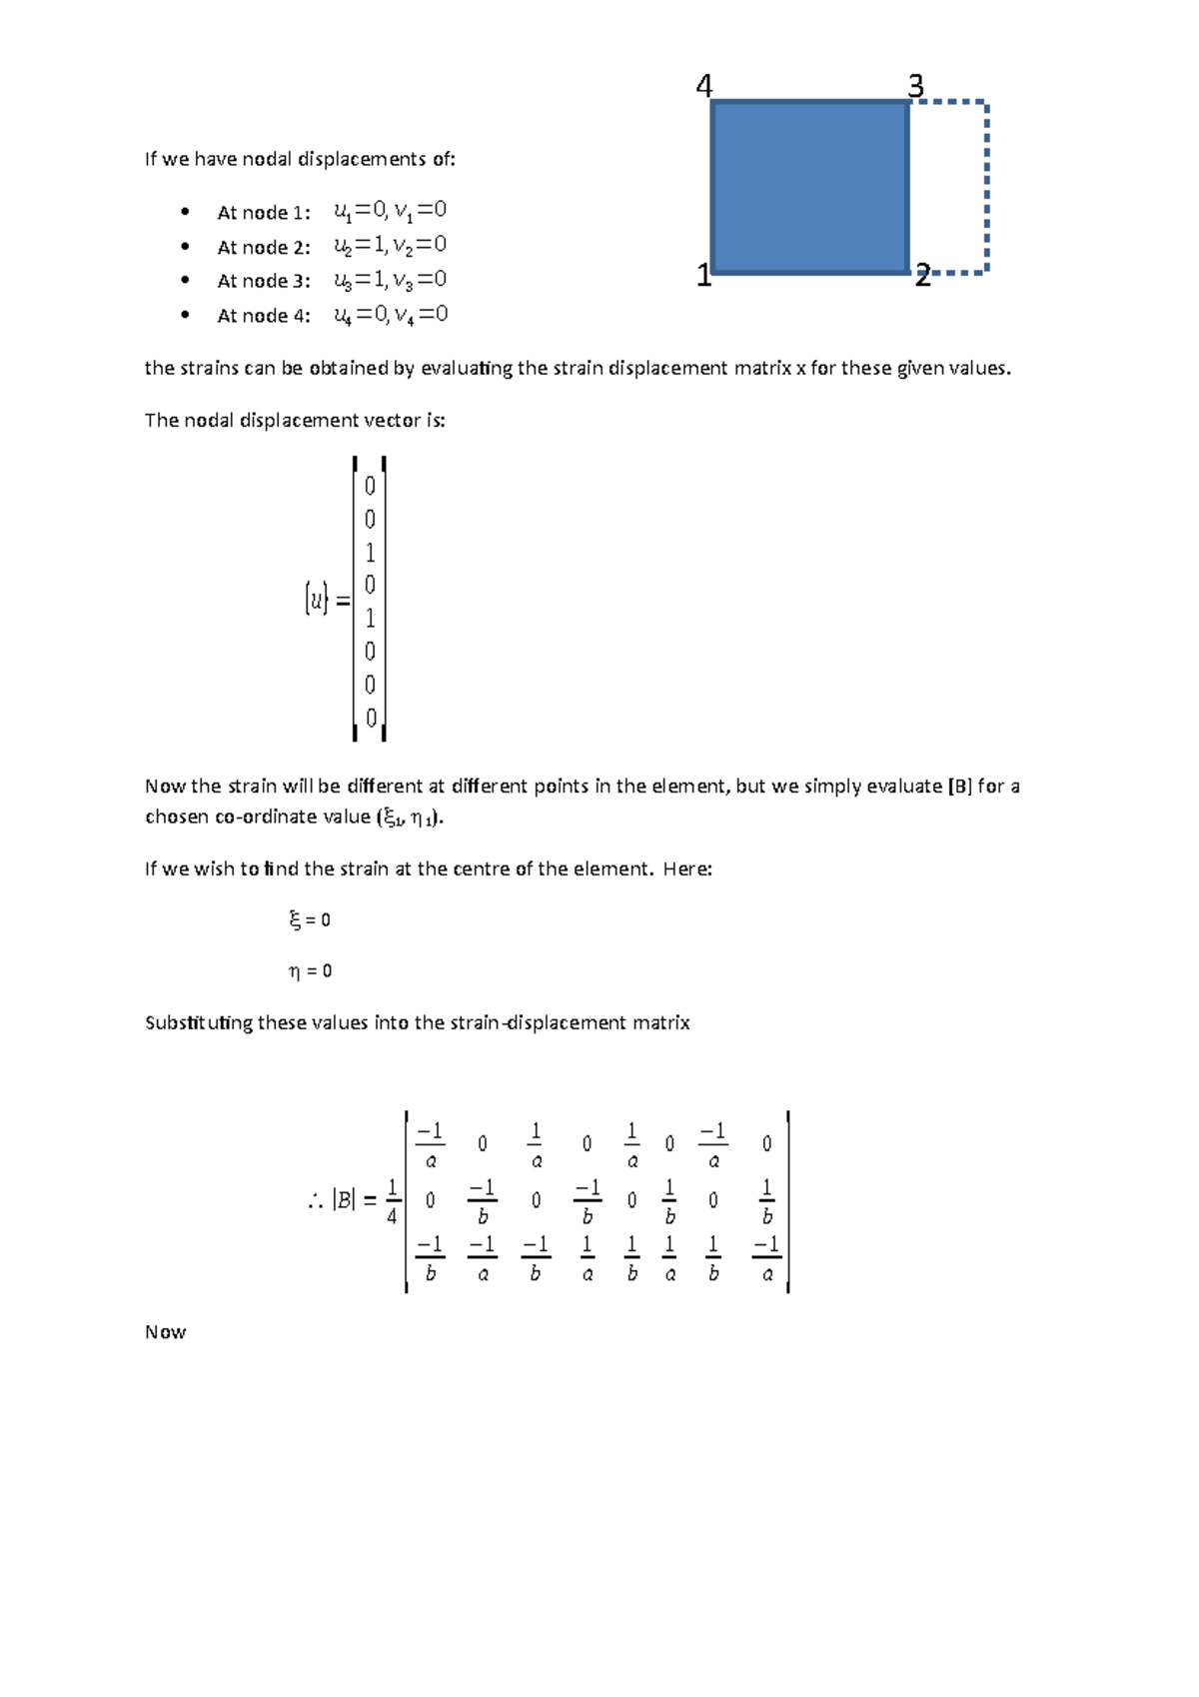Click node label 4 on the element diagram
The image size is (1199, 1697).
[704, 87]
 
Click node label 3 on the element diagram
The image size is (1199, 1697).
[915, 87]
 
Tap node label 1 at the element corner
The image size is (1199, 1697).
[703, 276]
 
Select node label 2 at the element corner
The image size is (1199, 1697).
[922, 276]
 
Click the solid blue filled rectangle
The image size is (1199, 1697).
[809, 187]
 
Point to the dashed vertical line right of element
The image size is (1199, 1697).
[987, 187]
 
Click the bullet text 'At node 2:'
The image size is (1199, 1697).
[264, 247]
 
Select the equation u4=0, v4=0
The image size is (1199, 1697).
[391, 315]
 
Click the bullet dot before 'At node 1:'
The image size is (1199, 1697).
[185, 212]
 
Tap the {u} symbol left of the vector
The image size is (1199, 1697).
[317, 600]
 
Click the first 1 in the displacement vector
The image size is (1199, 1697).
[370, 553]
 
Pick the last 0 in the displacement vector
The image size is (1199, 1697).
[371, 718]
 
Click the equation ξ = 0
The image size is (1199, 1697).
[310, 919]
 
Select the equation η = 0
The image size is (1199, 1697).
[310, 970]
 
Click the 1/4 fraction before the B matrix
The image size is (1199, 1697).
[392, 1201]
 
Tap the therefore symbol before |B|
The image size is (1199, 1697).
[316, 1201]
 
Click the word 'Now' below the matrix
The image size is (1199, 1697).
[166, 1332]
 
